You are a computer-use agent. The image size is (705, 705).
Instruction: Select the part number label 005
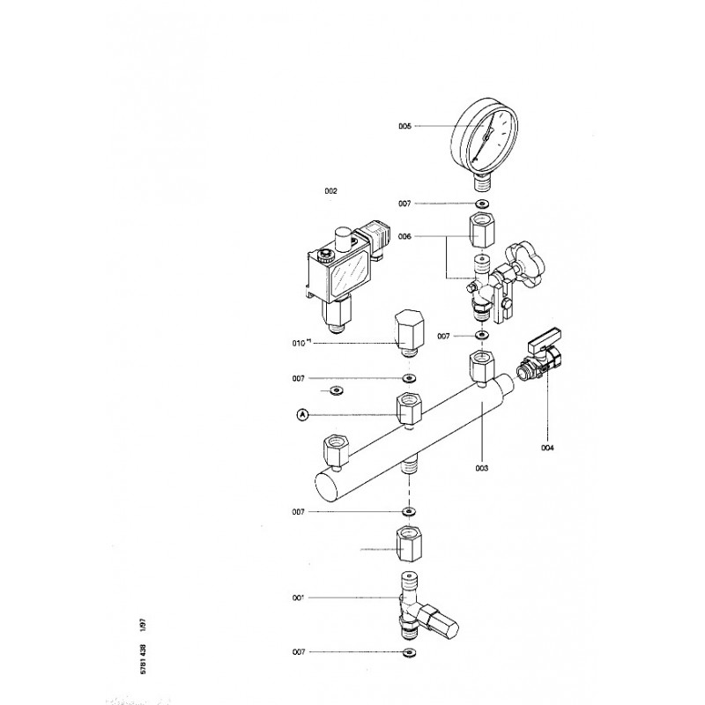point(404,127)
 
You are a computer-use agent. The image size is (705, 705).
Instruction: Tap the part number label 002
point(330,190)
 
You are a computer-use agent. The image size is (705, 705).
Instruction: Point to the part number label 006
point(404,237)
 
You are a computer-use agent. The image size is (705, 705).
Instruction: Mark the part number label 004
point(547,448)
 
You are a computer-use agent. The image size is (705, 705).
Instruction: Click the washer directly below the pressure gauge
point(482,204)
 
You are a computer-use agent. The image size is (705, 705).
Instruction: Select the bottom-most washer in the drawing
point(408,653)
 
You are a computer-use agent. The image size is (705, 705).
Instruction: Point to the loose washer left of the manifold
point(336,390)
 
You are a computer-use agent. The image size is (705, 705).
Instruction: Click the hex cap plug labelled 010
point(407,330)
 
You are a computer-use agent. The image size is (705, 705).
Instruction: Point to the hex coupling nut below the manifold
point(407,544)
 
